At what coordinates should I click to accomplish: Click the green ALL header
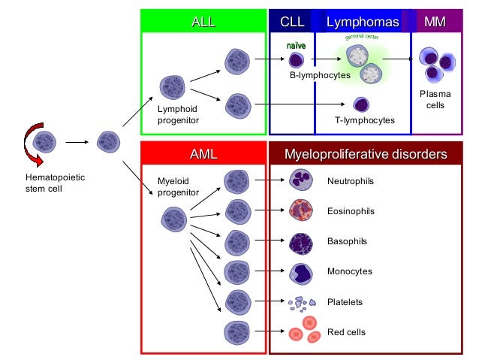[x=203, y=22]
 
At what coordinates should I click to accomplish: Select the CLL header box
[x=291, y=22]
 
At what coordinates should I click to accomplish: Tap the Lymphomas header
[x=362, y=22]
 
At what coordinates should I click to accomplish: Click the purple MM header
[x=435, y=22]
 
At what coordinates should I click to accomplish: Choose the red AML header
[x=203, y=154]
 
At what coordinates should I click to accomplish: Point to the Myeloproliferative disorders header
[x=365, y=154]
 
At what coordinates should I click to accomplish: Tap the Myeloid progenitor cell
[x=174, y=219]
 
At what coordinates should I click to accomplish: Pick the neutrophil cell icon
[x=301, y=180]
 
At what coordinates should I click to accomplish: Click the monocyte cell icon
[x=301, y=272]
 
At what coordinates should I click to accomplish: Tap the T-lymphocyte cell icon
[x=361, y=105]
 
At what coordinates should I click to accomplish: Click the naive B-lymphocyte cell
[x=297, y=60]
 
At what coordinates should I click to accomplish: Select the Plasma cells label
[x=435, y=100]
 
